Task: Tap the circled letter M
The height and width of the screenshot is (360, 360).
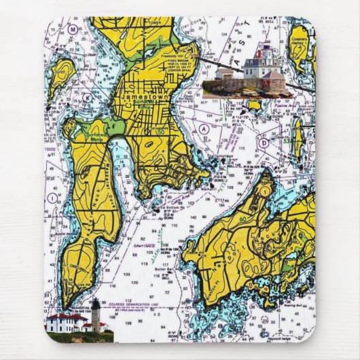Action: coord(72,31)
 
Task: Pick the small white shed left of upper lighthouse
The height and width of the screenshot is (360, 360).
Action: coord(223,73)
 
